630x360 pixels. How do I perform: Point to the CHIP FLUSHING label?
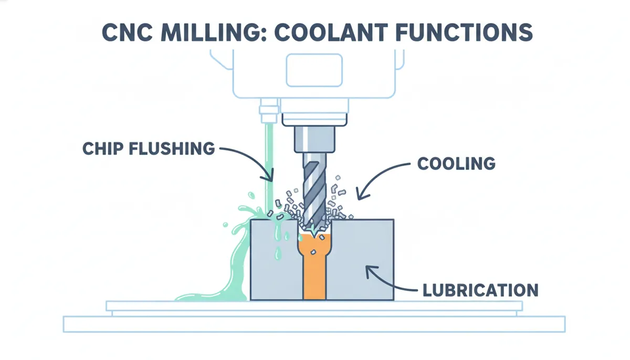click(x=149, y=149)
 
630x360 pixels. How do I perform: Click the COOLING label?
click(x=456, y=164)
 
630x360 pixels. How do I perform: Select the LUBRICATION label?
click(x=481, y=290)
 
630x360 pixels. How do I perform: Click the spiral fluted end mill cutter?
click(x=315, y=194)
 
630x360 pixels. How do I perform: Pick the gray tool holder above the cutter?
click(x=314, y=139)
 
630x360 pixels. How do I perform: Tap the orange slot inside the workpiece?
click(x=314, y=267)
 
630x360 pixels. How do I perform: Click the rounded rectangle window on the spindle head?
click(x=314, y=70)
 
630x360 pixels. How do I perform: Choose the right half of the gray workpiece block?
click(x=361, y=260)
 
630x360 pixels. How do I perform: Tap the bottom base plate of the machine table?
click(x=314, y=324)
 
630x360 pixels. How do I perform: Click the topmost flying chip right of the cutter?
click(x=338, y=177)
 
